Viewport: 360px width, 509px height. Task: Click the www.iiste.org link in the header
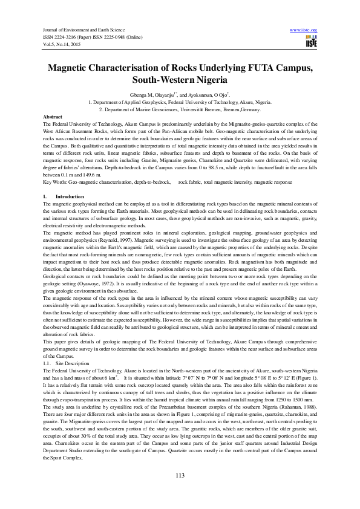pos(304,30)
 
